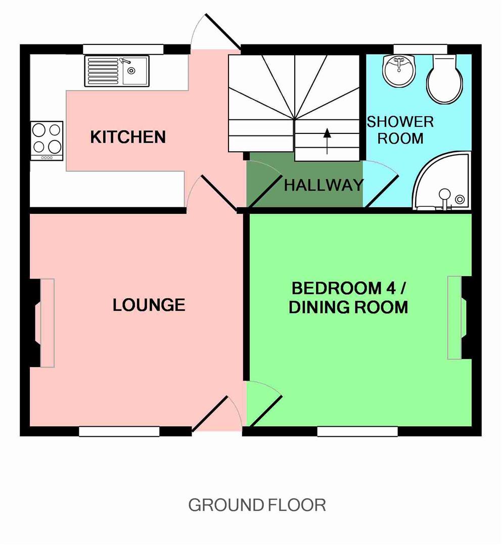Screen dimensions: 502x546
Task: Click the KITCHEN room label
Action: pos(128,137)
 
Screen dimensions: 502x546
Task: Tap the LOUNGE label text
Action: pos(149,305)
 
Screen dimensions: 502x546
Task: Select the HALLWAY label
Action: pos(324,185)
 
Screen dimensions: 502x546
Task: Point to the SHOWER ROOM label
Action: pos(400,130)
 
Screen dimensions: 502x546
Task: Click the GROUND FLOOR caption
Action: pos(257,505)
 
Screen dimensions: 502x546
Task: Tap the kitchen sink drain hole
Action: pos(131,71)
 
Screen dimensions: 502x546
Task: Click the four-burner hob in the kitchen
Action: pos(47,141)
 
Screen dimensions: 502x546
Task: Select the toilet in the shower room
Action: pos(445,79)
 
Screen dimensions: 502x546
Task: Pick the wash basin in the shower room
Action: pos(399,70)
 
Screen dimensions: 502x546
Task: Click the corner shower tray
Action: pos(441,181)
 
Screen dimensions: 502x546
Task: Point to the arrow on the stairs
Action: pos(327,142)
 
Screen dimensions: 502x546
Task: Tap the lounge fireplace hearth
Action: pos(48,323)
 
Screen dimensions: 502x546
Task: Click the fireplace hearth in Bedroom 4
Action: pos(454,317)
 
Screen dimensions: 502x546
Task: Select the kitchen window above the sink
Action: pos(123,49)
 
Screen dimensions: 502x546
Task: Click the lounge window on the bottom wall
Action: pos(119,431)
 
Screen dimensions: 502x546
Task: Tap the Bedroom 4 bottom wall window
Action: pos(357,431)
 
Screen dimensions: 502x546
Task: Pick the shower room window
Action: pos(420,49)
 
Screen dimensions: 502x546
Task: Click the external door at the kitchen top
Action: pos(215,32)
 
